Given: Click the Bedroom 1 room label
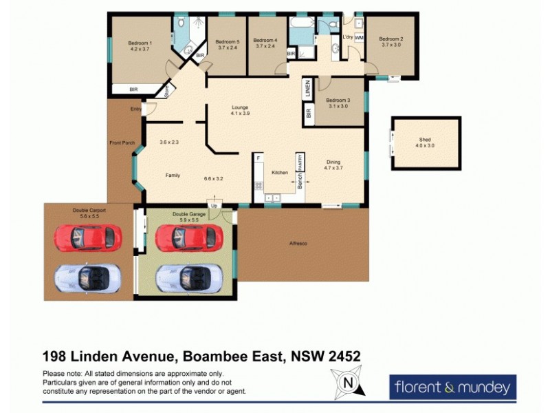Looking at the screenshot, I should [x=140, y=43].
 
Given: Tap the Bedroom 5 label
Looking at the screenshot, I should [x=228, y=41].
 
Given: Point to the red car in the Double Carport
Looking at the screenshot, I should [x=87, y=238].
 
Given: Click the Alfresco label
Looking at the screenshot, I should [x=298, y=243].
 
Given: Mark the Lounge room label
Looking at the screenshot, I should [x=239, y=107].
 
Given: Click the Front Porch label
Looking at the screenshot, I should [x=121, y=143].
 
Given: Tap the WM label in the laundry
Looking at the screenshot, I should [x=358, y=39].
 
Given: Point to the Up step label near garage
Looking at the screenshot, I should [x=214, y=206].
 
